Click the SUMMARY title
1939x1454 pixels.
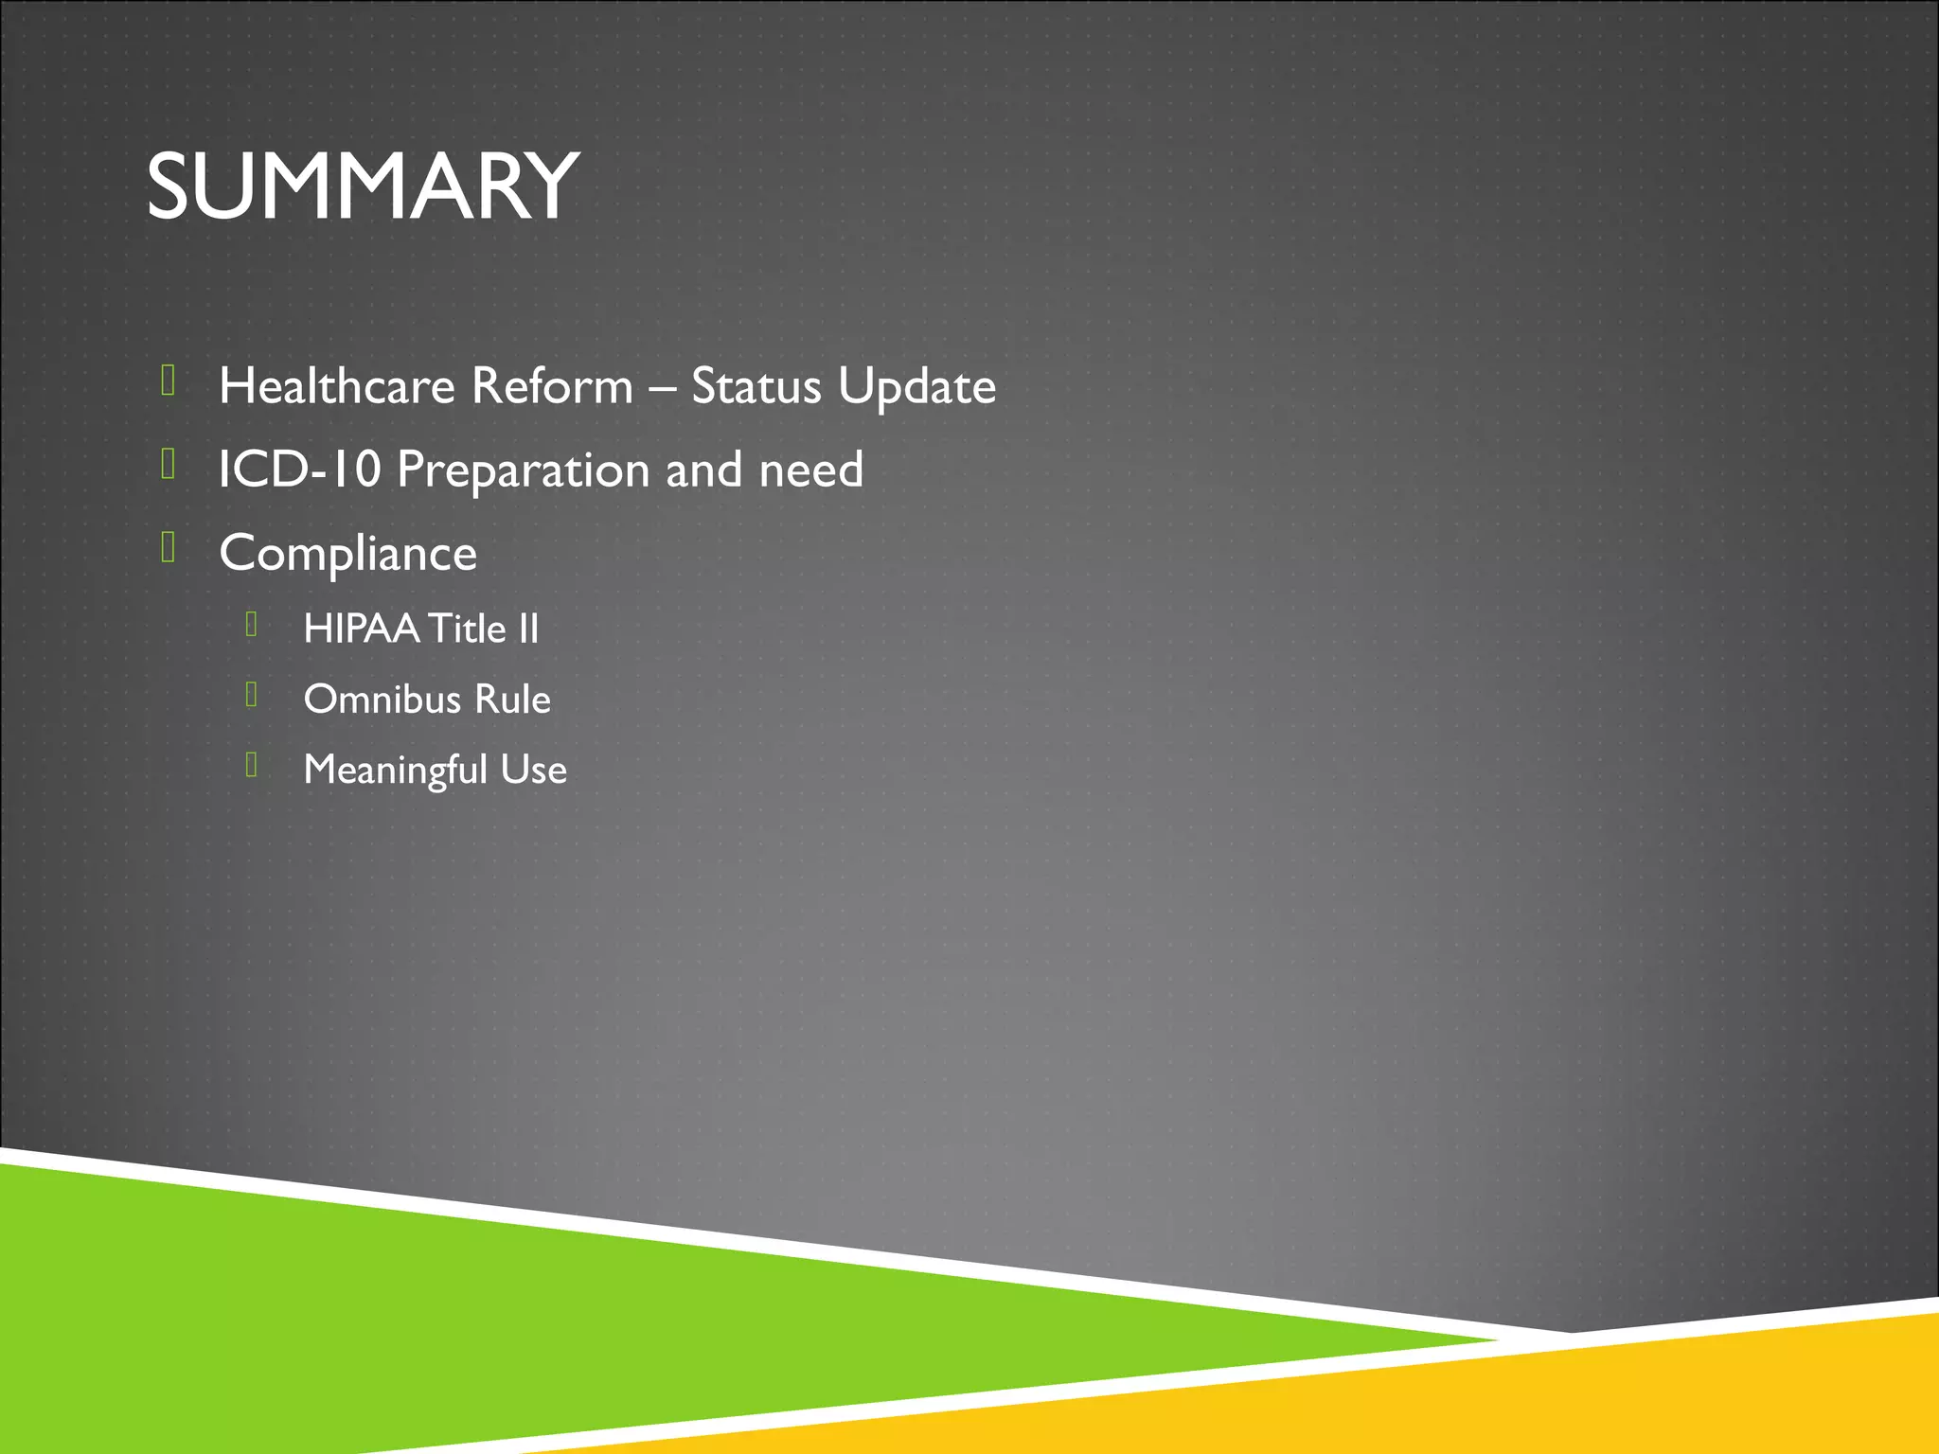click(363, 186)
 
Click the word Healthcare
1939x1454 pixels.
click(337, 386)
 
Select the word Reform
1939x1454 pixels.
click(552, 386)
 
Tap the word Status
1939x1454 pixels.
click(756, 386)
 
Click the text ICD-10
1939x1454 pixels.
click(299, 470)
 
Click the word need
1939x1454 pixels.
click(810, 470)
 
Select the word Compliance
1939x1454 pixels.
click(347, 554)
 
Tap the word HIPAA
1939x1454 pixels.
click(361, 629)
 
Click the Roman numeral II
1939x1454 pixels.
click(527, 629)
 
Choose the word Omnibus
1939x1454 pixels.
click(382, 700)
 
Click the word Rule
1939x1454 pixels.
click(512, 700)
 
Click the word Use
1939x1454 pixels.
click(534, 770)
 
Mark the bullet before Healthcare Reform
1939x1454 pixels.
click(169, 381)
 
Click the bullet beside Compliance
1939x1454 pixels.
click(169, 547)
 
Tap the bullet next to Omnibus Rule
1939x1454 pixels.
click(251, 694)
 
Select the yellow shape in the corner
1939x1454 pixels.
click(1610, 1401)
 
